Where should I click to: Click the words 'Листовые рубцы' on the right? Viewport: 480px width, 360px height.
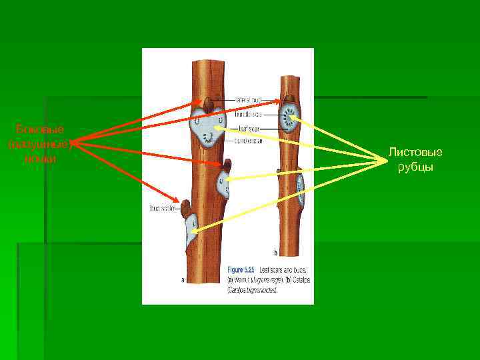point(415,160)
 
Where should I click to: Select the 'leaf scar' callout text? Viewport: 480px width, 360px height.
point(250,128)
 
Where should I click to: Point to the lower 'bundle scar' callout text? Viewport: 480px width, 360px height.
point(250,141)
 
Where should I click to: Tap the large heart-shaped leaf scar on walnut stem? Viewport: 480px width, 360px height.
point(209,128)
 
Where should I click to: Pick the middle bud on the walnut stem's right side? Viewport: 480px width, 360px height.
point(227,165)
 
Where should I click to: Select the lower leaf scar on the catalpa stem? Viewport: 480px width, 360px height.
point(301,189)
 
